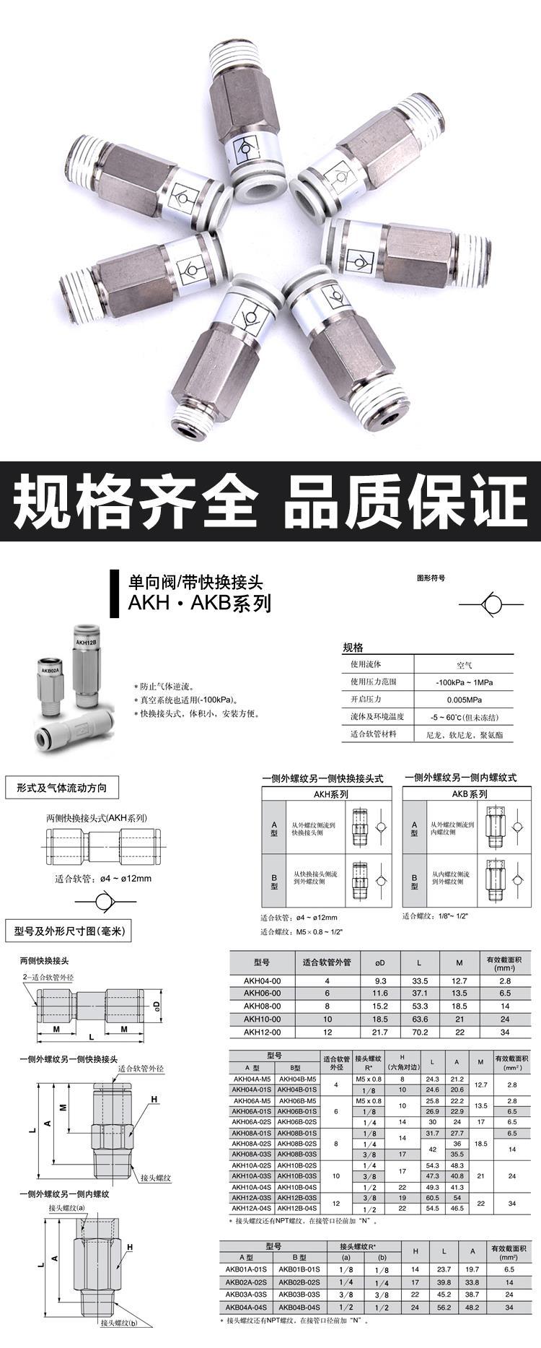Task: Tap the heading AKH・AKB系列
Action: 199,603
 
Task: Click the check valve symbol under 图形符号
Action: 492,604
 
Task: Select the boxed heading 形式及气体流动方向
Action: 61,788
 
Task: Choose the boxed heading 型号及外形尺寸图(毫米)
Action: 69,931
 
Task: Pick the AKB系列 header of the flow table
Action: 470,793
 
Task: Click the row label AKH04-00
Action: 262,980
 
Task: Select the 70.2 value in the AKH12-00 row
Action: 420,1032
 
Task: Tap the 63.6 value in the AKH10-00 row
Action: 420,1019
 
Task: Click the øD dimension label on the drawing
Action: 155,1005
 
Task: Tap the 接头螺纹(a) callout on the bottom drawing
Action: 66,1207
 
